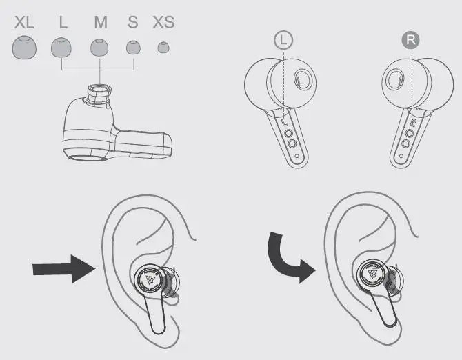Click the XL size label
click(x=25, y=22)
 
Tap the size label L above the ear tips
click(x=63, y=22)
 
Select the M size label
click(x=101, y=22)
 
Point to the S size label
click(x=132, y=22)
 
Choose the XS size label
click(x=163, y=22)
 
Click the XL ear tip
click(x=25, y=48)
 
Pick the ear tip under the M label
click(x=100, y=48)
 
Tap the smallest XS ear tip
click(x=163, y=48)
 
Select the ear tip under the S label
click(x=132, y=48)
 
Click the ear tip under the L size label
click(x=61, y=48)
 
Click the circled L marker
click(x=283, y=40)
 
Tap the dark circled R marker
click(x=411, y=40)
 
